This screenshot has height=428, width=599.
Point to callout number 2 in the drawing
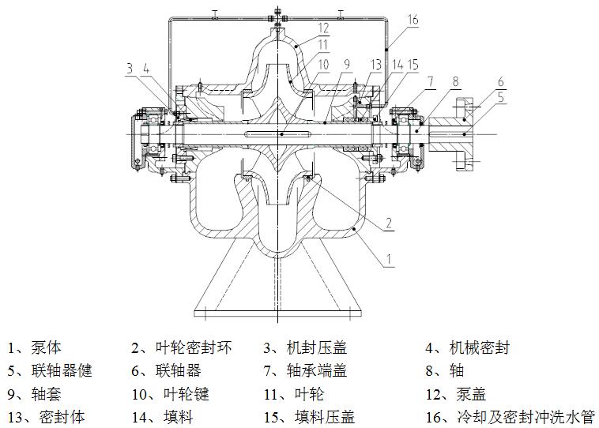pos(389,223)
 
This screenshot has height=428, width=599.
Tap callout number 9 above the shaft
pos(346,65)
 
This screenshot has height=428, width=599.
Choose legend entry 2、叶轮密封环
pos(182,347)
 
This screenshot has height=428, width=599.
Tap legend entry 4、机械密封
pos(467,347)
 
